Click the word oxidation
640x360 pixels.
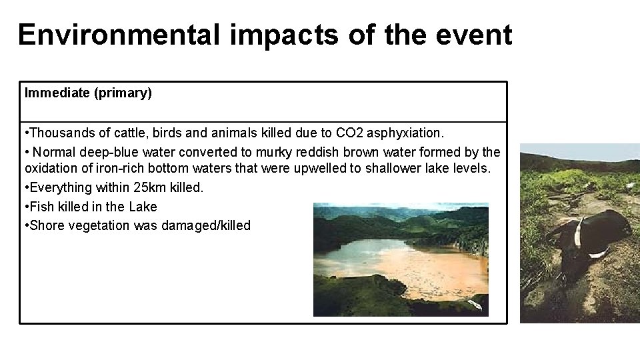click(x=51, y=169)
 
